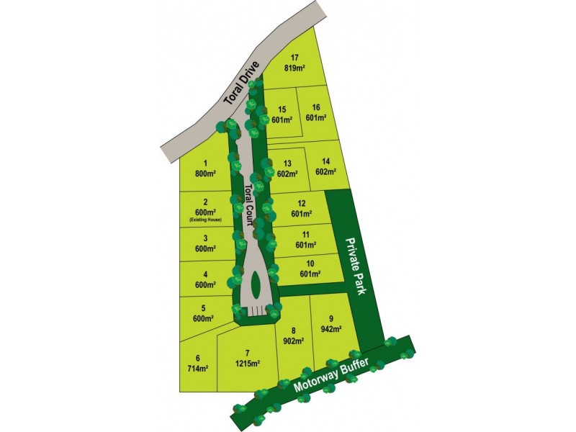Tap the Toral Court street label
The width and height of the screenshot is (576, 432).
tap(249, 206)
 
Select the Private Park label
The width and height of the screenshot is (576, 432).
tap(356, 266)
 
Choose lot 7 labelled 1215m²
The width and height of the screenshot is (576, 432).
tap(247, 358)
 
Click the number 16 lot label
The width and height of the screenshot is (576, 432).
tap(316, 112)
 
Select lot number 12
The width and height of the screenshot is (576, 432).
tap(302, 209)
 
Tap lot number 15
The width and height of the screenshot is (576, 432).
tap(282, 114)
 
